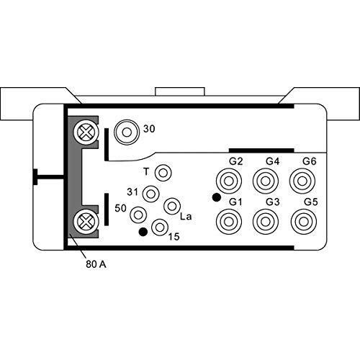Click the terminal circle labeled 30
coord(128,132)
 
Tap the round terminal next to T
coord(163,173)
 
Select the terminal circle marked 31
coord(150,193)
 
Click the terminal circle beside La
coord(171,207)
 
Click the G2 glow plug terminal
coord(230,179)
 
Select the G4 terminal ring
coord(266,179)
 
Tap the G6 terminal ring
coord(301,179)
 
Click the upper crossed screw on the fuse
coord(86,131)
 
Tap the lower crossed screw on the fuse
coord(86,220)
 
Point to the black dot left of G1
coord(215,197)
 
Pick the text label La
coord(186,216)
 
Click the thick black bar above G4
coord(261,150)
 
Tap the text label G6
coord(310,161)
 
